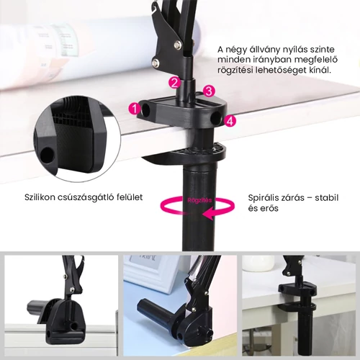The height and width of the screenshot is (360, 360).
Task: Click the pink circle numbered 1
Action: [135, 109]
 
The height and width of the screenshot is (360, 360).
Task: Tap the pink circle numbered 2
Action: [174, 82]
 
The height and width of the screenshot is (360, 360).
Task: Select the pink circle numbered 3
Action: [209, 91]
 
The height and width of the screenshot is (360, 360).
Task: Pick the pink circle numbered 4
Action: [230, 121]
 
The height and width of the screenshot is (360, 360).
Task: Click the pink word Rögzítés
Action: [199, 200]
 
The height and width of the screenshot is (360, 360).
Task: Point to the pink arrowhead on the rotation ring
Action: [208, 214]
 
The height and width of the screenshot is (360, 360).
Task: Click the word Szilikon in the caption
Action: [38, 197]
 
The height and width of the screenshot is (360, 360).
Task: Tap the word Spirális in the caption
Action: [264, 198]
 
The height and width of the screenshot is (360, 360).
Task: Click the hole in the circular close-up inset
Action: [47, 154]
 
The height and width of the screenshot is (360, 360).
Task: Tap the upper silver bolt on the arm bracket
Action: [178, 44]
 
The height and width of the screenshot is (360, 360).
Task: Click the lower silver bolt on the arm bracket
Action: [156, 63]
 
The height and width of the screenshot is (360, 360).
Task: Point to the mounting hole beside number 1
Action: [145, 109]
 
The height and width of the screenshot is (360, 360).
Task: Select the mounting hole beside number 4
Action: [215, 118]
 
